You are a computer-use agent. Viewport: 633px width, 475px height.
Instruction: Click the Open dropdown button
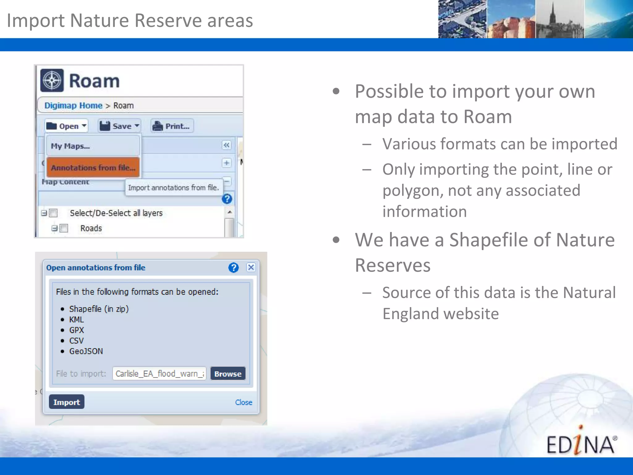(x=66, y=126)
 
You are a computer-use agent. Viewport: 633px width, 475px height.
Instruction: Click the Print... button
(x=172, y=126)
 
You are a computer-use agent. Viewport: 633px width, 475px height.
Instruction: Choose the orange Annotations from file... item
(x=93, y=168)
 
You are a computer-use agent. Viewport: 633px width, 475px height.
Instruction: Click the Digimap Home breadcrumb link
(x=73, y=105)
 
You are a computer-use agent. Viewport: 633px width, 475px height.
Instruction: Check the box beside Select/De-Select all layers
(x=53, y=213)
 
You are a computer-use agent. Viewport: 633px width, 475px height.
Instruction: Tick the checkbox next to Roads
(x=64, y=228)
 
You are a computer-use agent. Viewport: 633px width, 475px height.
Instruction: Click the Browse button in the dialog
(x=228, y=374)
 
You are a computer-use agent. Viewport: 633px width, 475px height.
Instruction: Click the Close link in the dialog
(x=244, y=402)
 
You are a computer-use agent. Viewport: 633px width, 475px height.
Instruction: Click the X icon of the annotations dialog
(x=251, y=267)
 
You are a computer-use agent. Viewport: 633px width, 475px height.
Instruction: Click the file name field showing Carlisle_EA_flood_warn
(x=159, y=374)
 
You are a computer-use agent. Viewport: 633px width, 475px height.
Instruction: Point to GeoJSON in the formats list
(x=86, y=351)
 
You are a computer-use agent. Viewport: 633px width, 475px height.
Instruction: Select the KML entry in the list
(x=76, y=319)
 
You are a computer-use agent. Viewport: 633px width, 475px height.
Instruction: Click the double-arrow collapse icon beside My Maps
(x=227, y=145)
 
